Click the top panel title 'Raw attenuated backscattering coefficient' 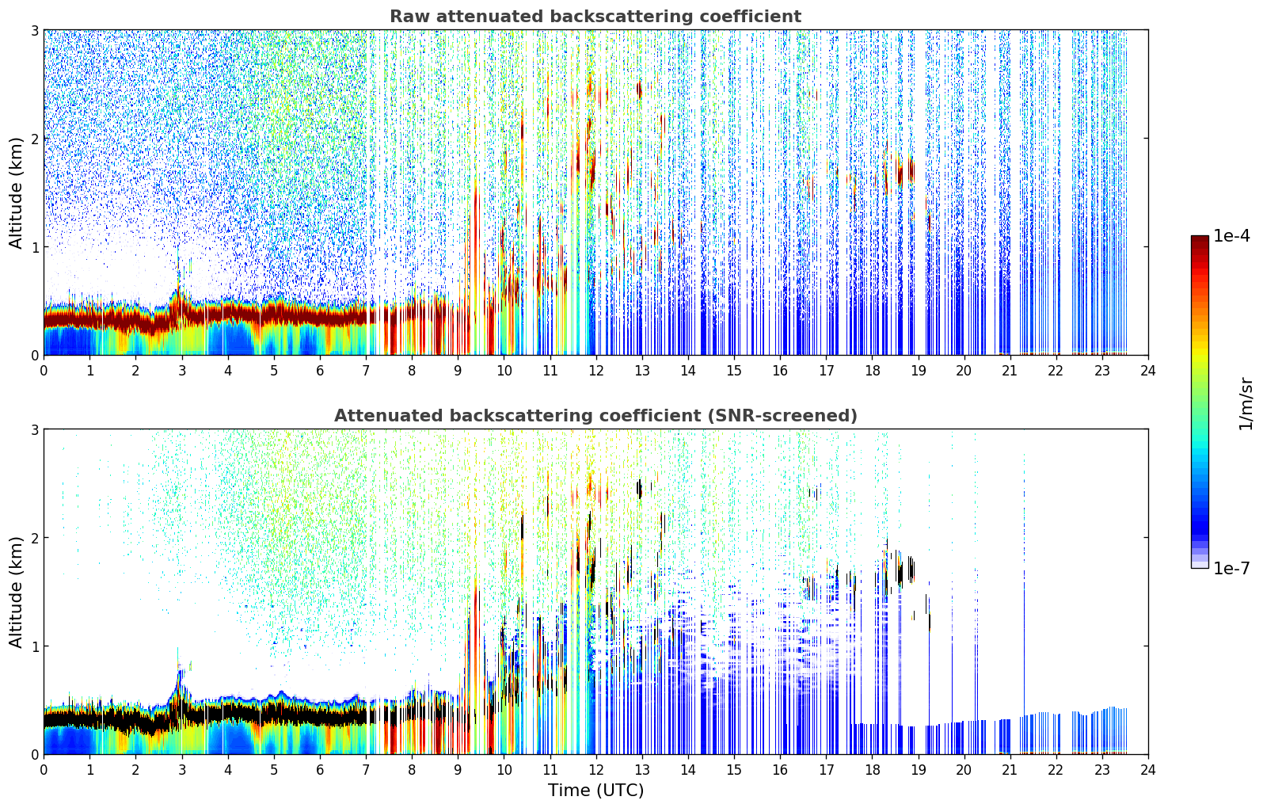pyautogui.click(x=595, y=17)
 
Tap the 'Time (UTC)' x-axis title pyautogui.click(x=595, y=791)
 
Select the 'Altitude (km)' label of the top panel pyautogui.click(x=16, y=193)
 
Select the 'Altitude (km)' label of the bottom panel pyautogui.click(x=16, y=592)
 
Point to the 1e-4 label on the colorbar pyautogui.click(x=1231, y=236)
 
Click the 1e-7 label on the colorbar pyautogui.click(x=1231, y=568)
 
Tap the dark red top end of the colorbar pyautogui.click(x=1200, y=238)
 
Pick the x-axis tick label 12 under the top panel pyautogui.click(x=596, y=371)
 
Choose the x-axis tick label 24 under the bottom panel pyautogui.click(x=1148, y=770)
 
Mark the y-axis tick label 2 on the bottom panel pyautogui.click(x=34, y=538)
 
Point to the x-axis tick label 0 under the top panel pyautogui.click(x=44, y=371)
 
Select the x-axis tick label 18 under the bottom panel pyautogui.click(x=873, y=770)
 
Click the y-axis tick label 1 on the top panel pyautogui.click(x=34, y=247)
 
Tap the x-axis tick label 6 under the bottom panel pyautogui.click(x=320, y=770)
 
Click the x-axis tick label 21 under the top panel pyautogui.click(x=1010, y=371)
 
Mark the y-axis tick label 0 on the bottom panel pyautogui.click(x=34, y=754)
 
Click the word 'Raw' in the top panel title pyautogui.click(x=410, y=17)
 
